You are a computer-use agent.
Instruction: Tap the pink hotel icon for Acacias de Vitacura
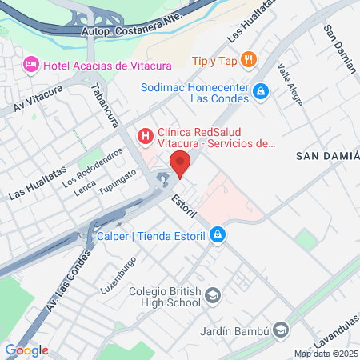point(31,63)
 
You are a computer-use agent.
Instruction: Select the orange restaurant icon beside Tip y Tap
point(249,59)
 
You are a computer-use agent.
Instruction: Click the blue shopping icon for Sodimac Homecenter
point(260,93)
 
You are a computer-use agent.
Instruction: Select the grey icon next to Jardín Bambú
point(280,329)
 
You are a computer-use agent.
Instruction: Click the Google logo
point(26,350)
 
